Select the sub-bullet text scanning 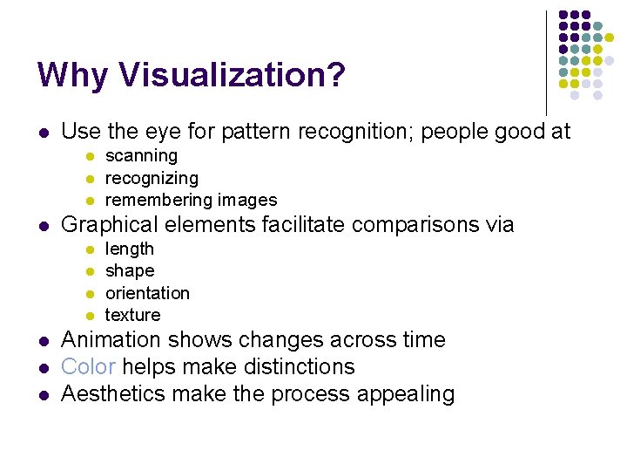pos(141,156)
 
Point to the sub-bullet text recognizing pos(152,178)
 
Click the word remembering pos(159,200)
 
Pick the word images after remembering pos(247,200)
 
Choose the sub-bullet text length pos(129,249)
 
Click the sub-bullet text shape pos(130,271)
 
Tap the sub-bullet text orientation pos(147,293)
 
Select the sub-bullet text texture pos(133,315)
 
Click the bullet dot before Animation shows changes pos(42,341)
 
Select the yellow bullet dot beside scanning pos(88,157)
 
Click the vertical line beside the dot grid pos(546,61)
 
